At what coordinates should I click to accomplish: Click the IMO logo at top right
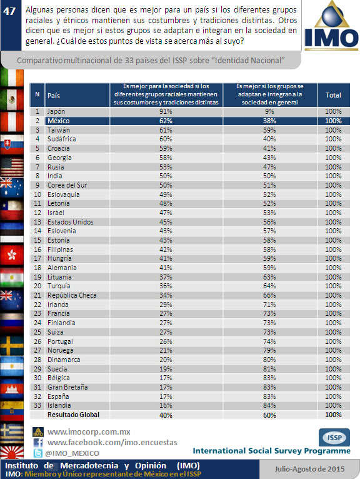tap(331, 26)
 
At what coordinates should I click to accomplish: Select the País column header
tap(54, 96)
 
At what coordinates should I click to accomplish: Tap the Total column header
tap(333, 95)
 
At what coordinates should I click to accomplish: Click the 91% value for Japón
tap(166, 111)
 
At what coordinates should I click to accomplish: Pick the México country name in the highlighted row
tap(58, 121)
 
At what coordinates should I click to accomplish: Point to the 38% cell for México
tap(269, 121)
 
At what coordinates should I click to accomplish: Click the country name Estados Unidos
tap(71, 222)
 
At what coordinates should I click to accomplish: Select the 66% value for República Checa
tap(269, 295)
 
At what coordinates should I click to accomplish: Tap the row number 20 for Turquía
tap(37, 286)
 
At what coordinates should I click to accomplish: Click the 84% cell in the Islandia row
tap(269, 405)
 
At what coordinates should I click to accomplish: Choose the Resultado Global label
tap(73, 415)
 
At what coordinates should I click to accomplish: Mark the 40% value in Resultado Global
tap(166, 415)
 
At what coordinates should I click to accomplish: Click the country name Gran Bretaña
tap(67, 387)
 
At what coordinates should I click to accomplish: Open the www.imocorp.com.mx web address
tap(89, 432)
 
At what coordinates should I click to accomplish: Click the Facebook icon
tap(38, 443)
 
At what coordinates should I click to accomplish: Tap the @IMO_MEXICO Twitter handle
tap(72, 453)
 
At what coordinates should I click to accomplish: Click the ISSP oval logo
tap(334, 438)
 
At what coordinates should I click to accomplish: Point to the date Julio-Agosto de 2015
tap(309, 469)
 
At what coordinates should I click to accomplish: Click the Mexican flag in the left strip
tap(12, 99)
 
